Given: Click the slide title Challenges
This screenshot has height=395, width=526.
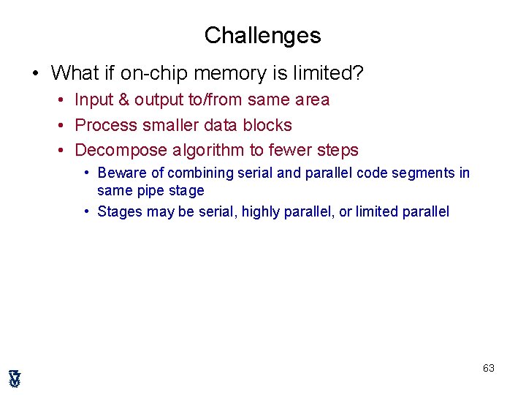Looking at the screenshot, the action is [x=262, y=35].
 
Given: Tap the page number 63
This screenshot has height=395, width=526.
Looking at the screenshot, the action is [x=489, y=368].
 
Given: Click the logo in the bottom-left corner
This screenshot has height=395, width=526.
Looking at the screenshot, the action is [x=15, y=378].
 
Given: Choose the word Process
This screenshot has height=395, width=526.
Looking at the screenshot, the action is [x=104, y=125].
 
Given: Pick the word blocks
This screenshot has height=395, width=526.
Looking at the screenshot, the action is [x=266, y=125].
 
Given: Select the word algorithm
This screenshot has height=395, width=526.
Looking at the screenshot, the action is [x=210, y=151].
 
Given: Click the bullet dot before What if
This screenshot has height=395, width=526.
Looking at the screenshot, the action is [x=34, y=74].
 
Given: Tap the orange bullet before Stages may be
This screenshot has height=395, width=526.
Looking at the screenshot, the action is [x=86, y=212].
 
